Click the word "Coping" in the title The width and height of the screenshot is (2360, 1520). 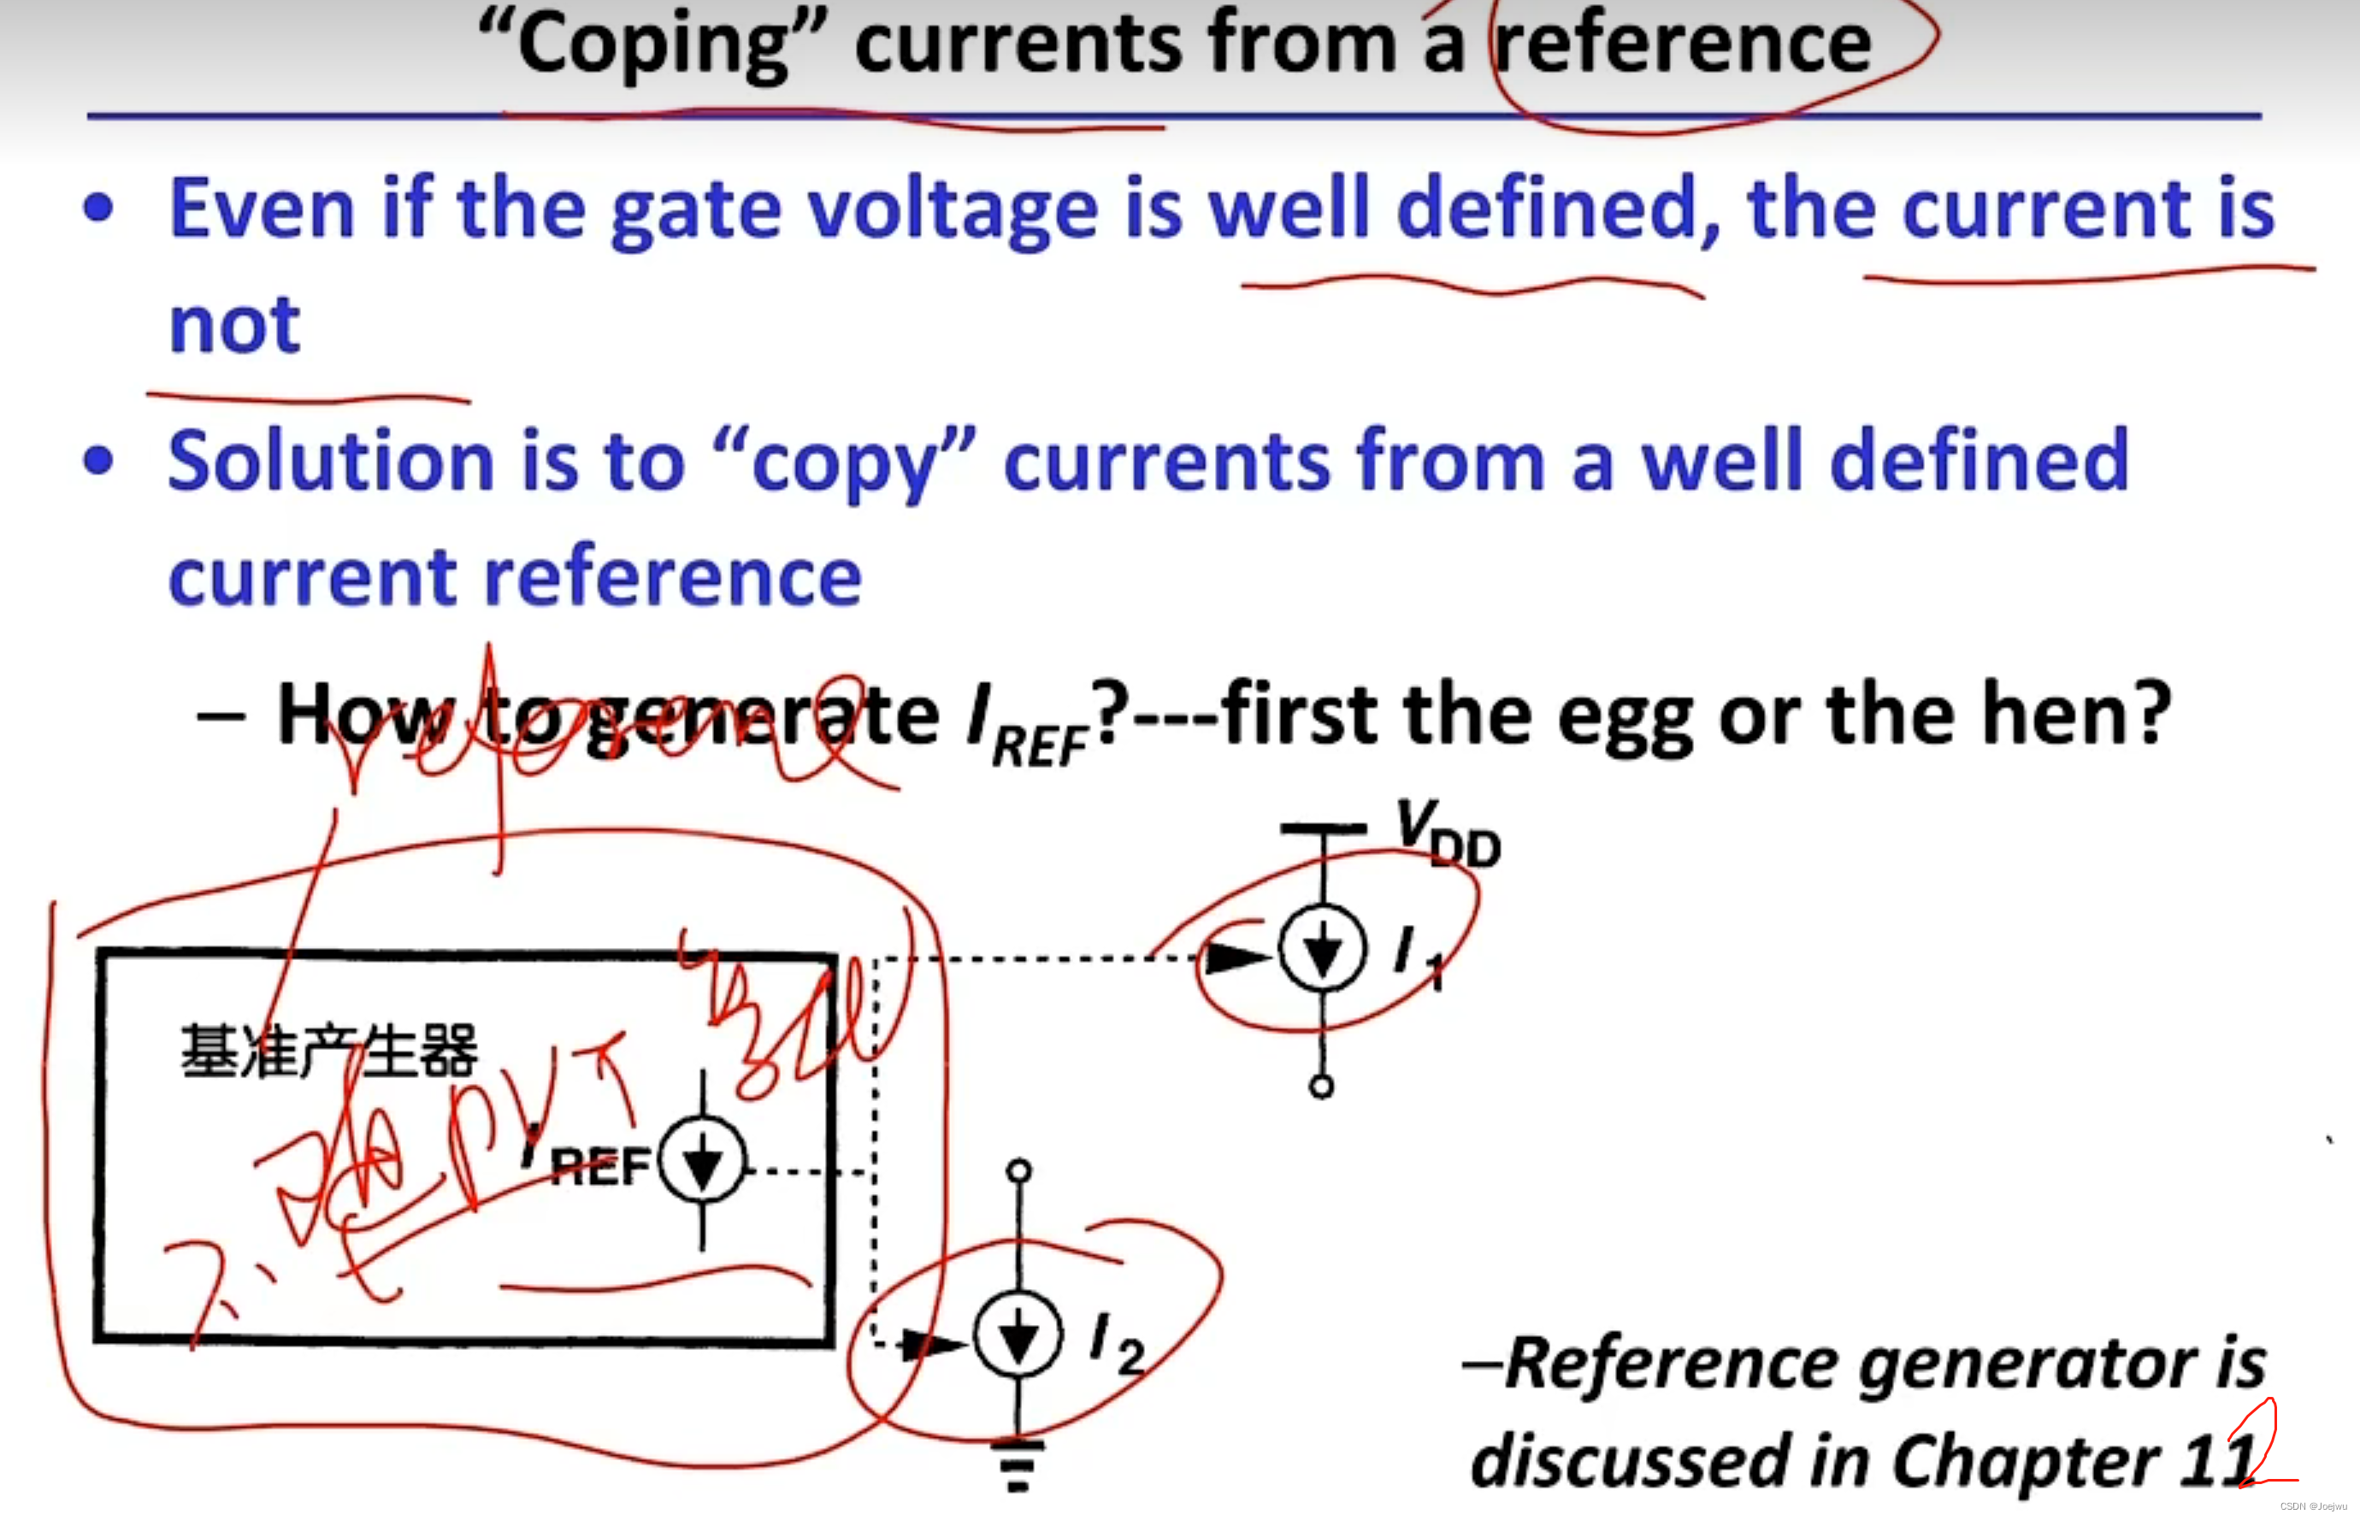pos(651,44)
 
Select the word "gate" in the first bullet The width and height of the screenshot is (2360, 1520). pos(696,210)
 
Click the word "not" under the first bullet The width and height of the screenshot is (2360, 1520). pos(234,325)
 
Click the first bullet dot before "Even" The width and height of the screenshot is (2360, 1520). pos(98,209)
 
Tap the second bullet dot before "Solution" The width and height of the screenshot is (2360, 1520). pos(98,461)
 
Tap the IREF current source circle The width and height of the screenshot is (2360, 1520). pos(702,1160)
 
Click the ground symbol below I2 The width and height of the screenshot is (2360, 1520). pos(1018,1464)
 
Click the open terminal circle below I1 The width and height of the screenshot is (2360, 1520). pos(1322,1087)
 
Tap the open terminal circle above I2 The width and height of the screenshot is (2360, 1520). pos(1018,1170)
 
